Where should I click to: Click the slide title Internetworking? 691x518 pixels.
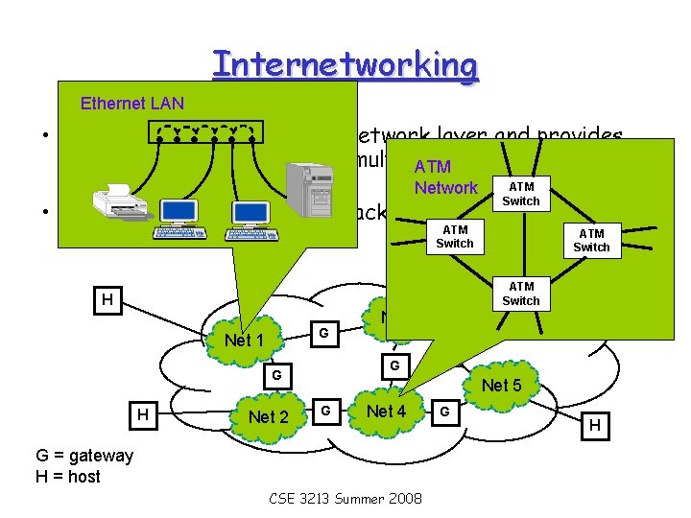[345, 64]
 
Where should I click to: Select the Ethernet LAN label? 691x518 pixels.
[132, 103]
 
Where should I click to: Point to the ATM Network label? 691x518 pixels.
[445, 177]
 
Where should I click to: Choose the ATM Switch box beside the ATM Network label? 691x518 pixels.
[521, 193]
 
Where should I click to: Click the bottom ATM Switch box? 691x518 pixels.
[521, 294]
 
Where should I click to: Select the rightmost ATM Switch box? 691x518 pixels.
[591, 239]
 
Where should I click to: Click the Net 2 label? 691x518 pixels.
[268, 416]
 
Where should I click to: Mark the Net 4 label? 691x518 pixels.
[387, 412]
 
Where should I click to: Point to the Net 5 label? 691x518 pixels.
[502, 386]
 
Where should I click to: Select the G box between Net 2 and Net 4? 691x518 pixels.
[326, 412]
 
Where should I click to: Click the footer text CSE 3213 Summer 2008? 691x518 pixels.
[345, 499]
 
